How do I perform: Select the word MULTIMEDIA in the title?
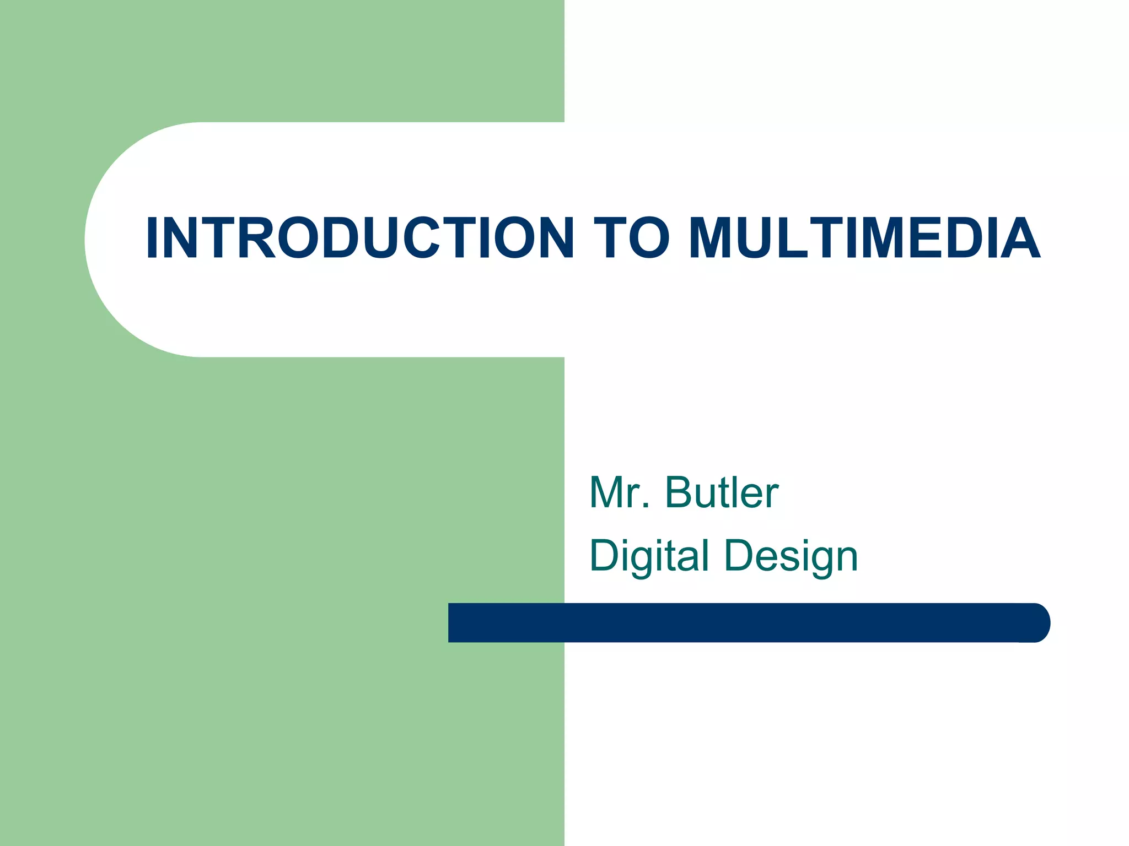pyautogui.click(x=864, y=238)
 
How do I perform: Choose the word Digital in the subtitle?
pyautogui.click(x=649, y=555)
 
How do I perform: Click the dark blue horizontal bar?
pyautogui.click(x=744, y=622)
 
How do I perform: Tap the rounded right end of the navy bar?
pyautogui.click(x=1036, y=622)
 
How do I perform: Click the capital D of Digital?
pyautogui.click(x=605, y=555)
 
